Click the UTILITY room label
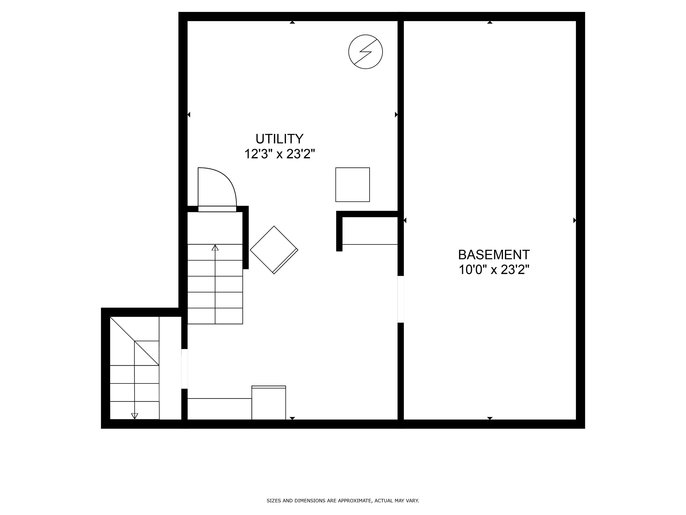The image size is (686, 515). pyautogui.click(x=279, y=139)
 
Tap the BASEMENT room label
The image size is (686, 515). pyautogui.click(x=494, y=255)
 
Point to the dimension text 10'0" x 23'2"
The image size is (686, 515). pyautogui.click(x=494, y=269)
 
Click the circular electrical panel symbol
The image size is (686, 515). pyautogui.click(x=365, y=52)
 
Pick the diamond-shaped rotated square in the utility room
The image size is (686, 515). pyautogui.click(x=274, y=250)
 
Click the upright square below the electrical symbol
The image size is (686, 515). pyautogui.click(x=352, y=185)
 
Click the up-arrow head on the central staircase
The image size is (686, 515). pyautogui.click(x=215, y=247)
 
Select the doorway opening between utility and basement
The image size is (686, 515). pyautogui.click(x=401, y=299)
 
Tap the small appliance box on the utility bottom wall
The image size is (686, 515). pyautogui.click(x=269, y=403)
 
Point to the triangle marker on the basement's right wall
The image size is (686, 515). pyautogui.click(x=574, y=220)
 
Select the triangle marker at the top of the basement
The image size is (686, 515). pyautogui.click(x=490, y=22)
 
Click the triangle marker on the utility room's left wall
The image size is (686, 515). pyautogui.click(x=189, y=114)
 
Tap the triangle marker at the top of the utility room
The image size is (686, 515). pyautogui.click(x=292, y=22)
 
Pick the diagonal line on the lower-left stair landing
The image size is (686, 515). pyautogui.click(x=134, y=341)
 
